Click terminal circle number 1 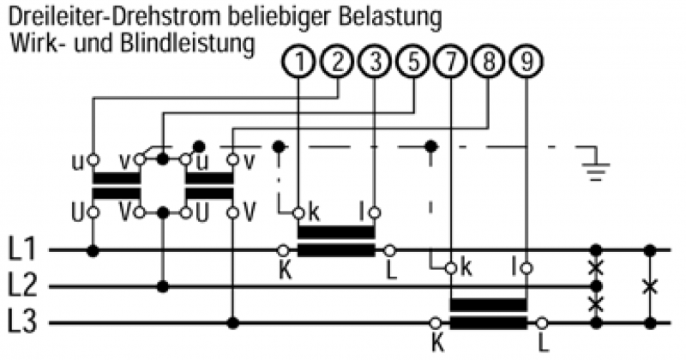click(x=298, y=62)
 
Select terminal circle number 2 click(x=337, y=62)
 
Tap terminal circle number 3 click(x=375, y=62)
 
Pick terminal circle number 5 click(x=413, y=62)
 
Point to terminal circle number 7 click(x=451, y=62)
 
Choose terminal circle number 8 click(x=488, y=62)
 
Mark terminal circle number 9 click(x=526, y=62)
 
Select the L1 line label click(x=23, y=251)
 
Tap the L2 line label click(x=23, y=286)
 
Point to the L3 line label click(x=23, y=323)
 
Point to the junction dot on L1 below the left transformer click(x=93, y=251)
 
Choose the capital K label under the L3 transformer click(x=438, y=342)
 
